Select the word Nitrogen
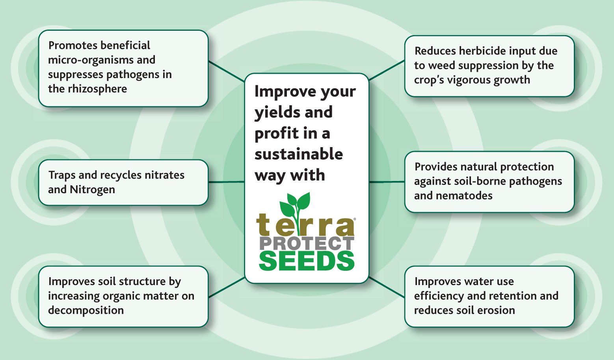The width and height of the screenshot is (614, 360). [x=92, y=190]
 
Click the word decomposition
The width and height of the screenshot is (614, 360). [x=86, y=310]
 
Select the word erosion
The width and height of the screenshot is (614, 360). [x=496, y=310]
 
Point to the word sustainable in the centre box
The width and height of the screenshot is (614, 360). [x=299, y=154]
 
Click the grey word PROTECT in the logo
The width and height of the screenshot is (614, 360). [x=307, y=244]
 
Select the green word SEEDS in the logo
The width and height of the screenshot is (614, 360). [x=307, y=261]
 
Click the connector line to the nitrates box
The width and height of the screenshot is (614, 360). [x=227, y=182]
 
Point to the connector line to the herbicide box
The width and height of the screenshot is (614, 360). [x=387, y=70]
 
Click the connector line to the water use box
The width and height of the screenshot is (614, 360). [x=387, y=287]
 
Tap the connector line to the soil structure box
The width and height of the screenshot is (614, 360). [x=227, y=287]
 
